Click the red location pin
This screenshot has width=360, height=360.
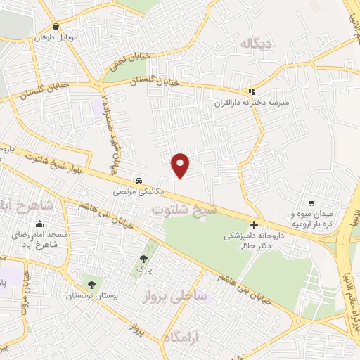tap(181, 165)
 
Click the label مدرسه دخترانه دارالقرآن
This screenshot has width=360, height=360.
tap(252, 103)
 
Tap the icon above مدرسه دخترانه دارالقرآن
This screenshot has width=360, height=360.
tap(252, 91)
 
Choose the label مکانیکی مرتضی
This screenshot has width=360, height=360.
tap(140, 191)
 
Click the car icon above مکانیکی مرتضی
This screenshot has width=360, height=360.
tap(140, 179)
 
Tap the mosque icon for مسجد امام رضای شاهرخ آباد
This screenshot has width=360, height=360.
tap(37, 220)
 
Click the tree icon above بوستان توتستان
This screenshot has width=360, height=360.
tap(91, 284)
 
